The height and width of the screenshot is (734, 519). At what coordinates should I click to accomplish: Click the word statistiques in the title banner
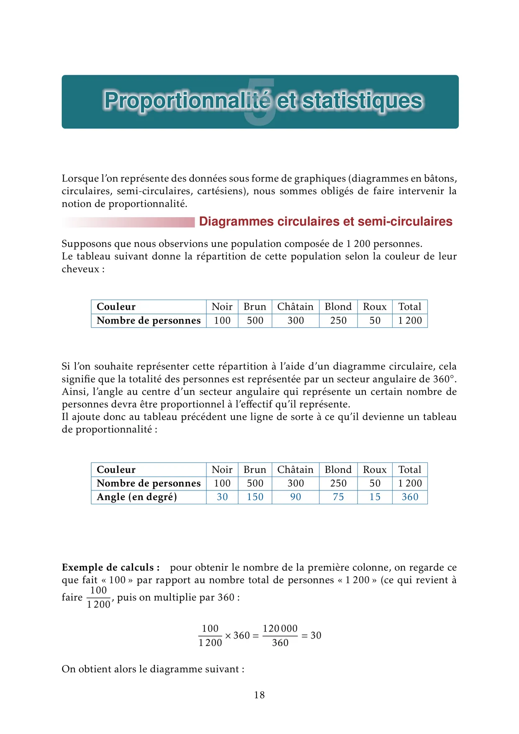[362, 101]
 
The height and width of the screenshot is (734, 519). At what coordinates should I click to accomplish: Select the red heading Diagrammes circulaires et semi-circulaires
[325, 221]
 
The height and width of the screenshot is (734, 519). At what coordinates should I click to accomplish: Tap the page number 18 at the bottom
[259, 695]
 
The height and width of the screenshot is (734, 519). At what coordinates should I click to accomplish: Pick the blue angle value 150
[255, 497]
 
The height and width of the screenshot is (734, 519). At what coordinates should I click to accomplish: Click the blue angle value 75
[338, 497]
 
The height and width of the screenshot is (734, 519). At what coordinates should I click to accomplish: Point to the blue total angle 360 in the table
[410, 497]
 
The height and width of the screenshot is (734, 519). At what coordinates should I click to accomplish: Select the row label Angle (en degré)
[137, 497]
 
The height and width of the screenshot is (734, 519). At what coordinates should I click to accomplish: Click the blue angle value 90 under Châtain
[295, 497]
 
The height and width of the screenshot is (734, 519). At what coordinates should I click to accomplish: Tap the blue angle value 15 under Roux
[375, 497]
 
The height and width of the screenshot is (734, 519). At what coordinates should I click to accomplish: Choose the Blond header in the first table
[338, 307]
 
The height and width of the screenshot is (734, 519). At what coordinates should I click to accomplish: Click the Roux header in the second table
[375, 470]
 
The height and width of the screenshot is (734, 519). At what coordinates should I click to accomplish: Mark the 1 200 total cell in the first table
[410, 321]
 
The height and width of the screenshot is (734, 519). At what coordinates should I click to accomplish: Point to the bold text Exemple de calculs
[110, 567]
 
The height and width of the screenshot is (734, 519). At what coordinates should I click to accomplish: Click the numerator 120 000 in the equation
[280, 629]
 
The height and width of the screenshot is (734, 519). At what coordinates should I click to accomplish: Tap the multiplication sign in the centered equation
[228, 636]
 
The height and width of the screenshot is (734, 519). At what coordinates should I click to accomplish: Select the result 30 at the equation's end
[316, 636]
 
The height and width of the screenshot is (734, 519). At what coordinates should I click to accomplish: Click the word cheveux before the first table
[80, 269]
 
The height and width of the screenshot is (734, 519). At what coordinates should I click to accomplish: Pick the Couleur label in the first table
[116, 307]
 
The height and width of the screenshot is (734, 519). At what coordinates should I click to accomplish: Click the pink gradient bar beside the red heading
[130, 222]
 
